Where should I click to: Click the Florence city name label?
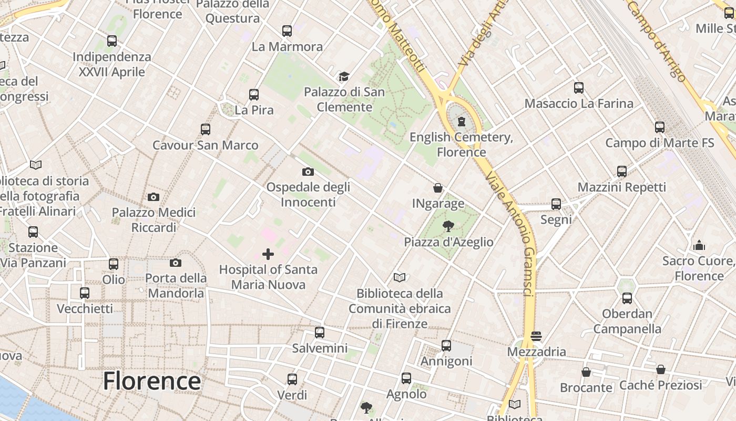pyautogui.click(x=151, y=381)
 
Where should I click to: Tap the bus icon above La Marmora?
pyautogui.click(x=287, y=31)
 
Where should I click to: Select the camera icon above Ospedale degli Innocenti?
pyautogui.click(x=308, y=172)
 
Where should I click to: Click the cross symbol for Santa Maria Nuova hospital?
pyautogui.click(x=268, y=255)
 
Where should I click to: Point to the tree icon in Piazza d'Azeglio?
pyautogui.click(x=448, y=227)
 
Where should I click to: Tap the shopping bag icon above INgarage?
pyautogui.click(x=437, y=188)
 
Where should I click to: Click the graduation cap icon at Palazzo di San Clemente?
pyautogui.click(x=344, y=77)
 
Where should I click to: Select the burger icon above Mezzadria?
pyautogui.click(x=536, y=336)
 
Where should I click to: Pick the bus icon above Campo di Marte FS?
pyautogui.click(x=660, y=127)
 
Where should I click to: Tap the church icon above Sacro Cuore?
pyautogui.click(x=699, y=245)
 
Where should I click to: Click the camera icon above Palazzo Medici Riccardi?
pyautogui.click(x=154, y=197)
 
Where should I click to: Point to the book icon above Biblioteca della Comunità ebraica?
pyautogui.click(x=400, y=277)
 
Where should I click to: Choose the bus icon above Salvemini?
pyautogui.click(x=320, y=333)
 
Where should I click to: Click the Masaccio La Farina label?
pyautogui.click(x=579, y=103)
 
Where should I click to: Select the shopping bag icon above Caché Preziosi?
pyautogui.click(x=661, y=370)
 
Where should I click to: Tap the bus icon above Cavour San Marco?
pyautogui.click(x=206, y=129)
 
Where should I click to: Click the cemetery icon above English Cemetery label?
pyautogui.click(x=462, y=122)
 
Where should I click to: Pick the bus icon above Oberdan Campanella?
pyautogui.click(x=627, y=298)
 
